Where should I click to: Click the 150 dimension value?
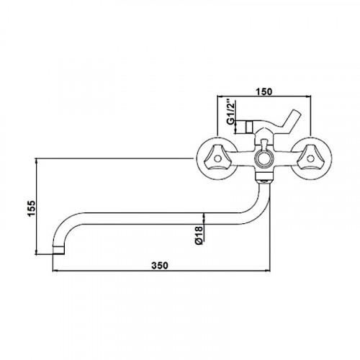[x=264, y=91]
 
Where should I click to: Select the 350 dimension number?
[x=160, y=266]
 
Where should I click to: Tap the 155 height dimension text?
[x=32, y=208]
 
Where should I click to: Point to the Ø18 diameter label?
[x=199, y=235]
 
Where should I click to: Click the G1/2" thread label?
[x=231, y=112]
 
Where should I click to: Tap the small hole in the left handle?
[x=217, y=158]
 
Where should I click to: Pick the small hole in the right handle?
[x=310, y=158]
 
